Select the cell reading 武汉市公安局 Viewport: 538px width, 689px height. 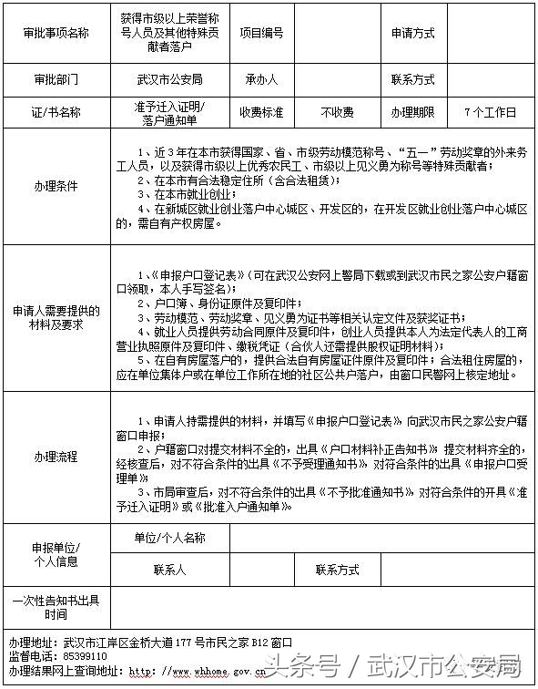coord(169,79)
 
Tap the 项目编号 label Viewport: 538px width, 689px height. coord(261,33)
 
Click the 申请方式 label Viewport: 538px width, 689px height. coord(412,33)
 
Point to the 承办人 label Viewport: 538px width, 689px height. coord(261,79)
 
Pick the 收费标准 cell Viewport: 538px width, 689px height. coord(261,113)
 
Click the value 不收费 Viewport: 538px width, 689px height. coord(337,113)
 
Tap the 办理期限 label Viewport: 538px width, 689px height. coord(412,113)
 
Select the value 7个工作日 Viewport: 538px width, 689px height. coord(490,113)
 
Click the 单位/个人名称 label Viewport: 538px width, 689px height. coord(169,538)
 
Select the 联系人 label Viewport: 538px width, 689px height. coord(169,571)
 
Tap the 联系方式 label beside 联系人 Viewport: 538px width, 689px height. coord(337,571)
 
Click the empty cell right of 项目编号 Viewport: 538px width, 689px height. coord(337,33)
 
